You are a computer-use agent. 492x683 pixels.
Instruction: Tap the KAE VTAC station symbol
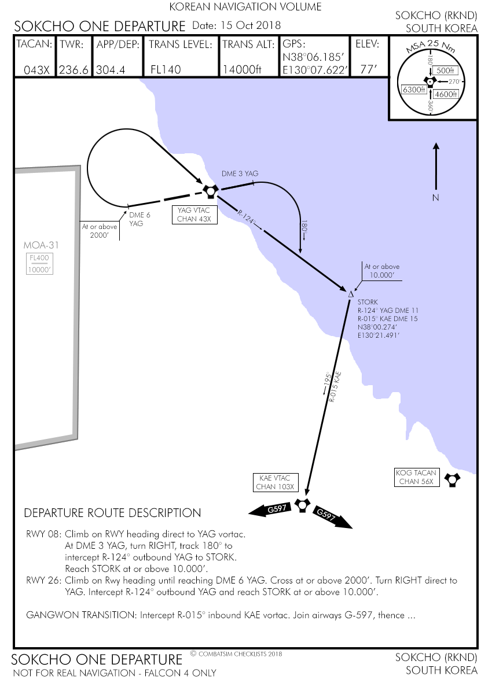(x=302, y=504)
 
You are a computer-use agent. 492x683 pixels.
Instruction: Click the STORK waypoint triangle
(x=351, y=295)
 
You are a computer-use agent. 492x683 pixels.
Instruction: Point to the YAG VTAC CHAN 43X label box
(x=194, y=215)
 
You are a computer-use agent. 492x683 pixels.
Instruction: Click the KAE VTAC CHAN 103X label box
(x=275, y=482)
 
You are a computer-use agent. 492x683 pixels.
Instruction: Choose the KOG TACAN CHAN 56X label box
(x=417, y=477)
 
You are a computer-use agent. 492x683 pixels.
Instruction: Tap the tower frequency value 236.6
(x=74, y=69)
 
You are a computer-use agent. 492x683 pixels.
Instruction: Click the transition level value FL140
(x=166, y=69)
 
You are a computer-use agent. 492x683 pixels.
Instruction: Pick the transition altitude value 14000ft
(x=242, y=69)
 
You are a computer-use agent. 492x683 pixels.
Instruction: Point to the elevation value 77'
(x=368, y=69)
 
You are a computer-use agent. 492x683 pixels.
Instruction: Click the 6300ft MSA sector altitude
(x=414, y=90)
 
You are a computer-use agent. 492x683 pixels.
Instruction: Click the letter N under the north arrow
(x=436, y=198)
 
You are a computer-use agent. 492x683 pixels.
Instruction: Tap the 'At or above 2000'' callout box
(x=100, y=231)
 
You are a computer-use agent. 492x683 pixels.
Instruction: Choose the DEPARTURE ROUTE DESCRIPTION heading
(x=112, y=513)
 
